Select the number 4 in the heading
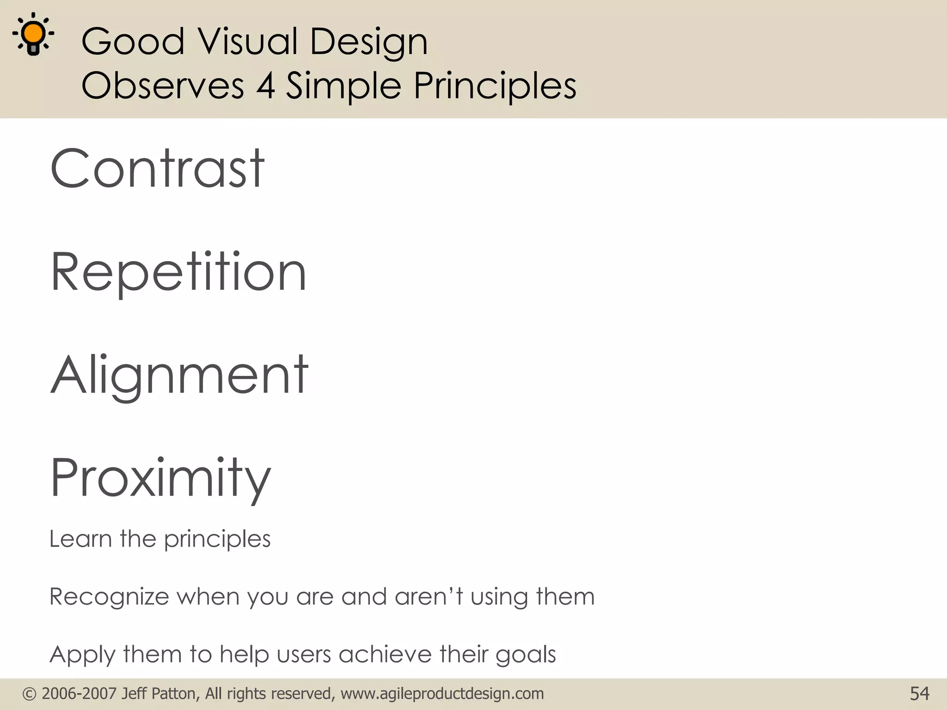(x=265, y=86)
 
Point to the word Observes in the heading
(x=162, y=86)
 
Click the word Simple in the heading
(x=343, y=86)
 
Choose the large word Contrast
(x=157, y=168)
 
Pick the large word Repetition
(x=178, y=273)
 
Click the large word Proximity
(x=160, y=478)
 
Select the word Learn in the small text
(x=80, y=539)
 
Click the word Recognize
(x=109, y=597)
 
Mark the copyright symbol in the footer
(x=29, y=694)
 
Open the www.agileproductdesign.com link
(x=442, y=694)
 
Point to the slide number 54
(x=919, y=694)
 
